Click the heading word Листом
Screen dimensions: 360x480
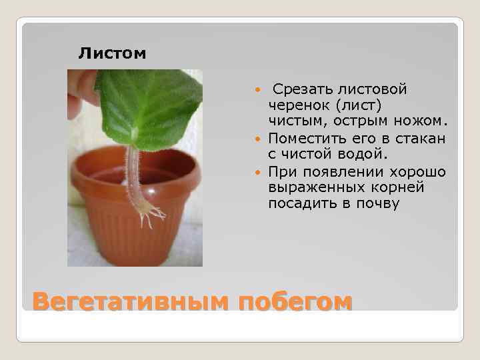[x=112, y=53]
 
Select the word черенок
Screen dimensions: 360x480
[x=297, y=105]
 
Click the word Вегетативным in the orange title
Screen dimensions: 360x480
[x=131, y=301]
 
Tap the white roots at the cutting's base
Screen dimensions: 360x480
[x=150, y=212]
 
